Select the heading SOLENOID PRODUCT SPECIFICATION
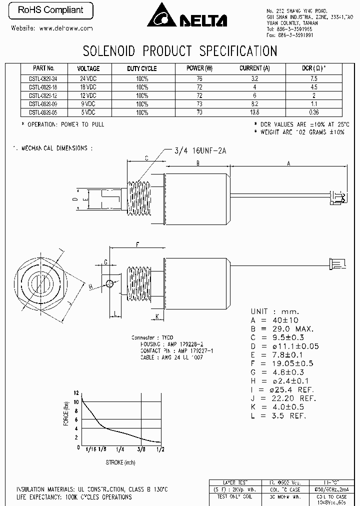coord(179,51)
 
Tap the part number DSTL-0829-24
coord(43,78)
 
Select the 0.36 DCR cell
coord(314,112)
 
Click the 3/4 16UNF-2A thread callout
coord(200,149)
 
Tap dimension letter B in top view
coord(198,163)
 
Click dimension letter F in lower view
coord(137,244)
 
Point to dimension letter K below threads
coord(157,316)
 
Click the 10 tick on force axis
coord(75,401)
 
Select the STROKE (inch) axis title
coord(120,462)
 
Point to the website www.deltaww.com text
coord(52,28)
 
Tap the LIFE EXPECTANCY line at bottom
coord(74,497)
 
